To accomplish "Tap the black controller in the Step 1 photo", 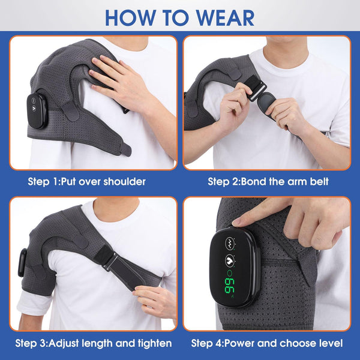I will point(37,110).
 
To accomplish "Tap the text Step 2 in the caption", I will point(223,181).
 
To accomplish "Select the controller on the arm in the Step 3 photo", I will point(23,262).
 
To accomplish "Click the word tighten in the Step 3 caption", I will point(153,344).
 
